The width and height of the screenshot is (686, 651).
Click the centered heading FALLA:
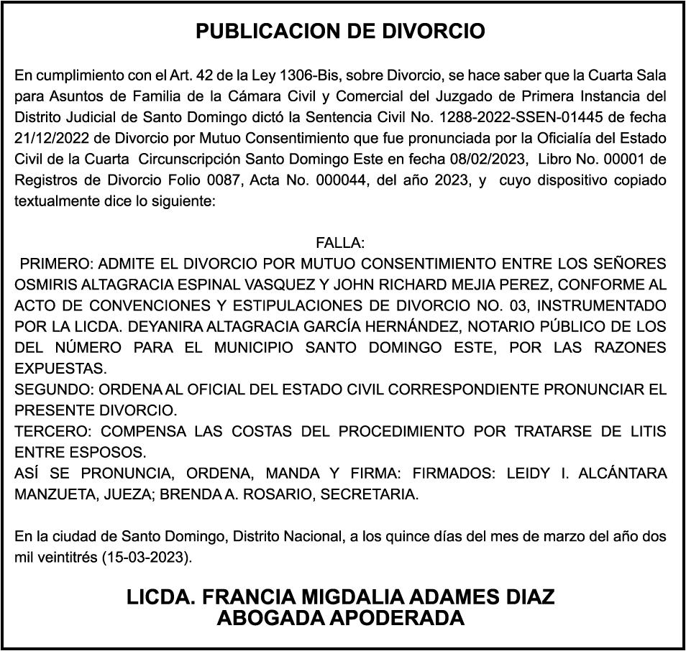(340, 243)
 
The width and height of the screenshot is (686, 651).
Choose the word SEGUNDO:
(52, 390)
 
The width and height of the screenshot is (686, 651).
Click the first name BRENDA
(188, 495)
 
